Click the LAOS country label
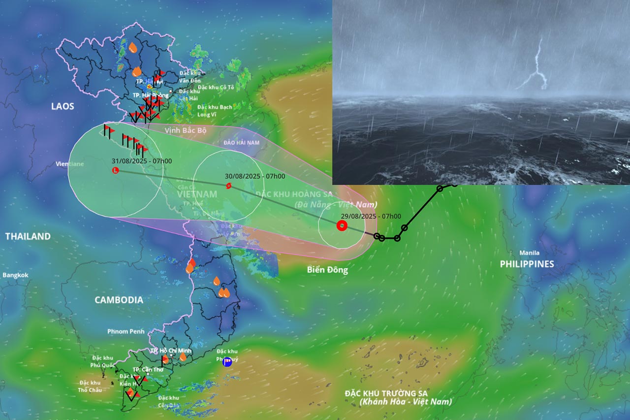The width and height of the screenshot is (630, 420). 63,106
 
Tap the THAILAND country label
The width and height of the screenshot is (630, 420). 28,236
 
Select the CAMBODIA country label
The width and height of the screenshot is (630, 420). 119,300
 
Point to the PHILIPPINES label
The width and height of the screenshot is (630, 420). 527,264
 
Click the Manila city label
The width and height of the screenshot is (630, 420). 529,253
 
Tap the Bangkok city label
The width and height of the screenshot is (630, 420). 16,275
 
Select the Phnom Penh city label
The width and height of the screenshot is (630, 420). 126,331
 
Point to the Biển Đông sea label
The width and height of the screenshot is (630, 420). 327,270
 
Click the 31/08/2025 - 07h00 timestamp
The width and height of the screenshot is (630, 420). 142,161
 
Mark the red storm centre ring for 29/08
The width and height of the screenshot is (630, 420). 341,226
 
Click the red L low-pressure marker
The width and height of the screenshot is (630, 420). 116,170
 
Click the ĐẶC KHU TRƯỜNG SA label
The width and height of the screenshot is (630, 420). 386,393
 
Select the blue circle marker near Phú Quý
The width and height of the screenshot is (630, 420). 227,362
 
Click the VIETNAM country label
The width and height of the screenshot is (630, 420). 196,194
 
